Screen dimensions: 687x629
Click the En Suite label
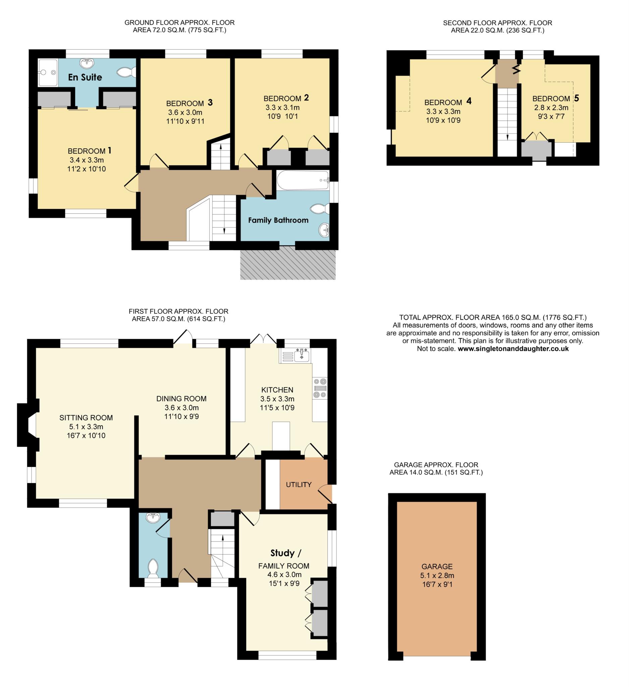coord(85,77)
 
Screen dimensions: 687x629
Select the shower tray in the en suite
coord(48,72)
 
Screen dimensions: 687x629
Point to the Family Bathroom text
coord(278,220)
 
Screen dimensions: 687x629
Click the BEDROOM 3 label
coord(189,103)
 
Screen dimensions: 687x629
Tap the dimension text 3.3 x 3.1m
coord(282,108)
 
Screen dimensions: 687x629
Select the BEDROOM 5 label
coord(556,99)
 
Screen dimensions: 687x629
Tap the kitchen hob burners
coord(320,388)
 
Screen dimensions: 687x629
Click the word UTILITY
coord(299,485)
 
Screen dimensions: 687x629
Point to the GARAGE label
coord(437,567)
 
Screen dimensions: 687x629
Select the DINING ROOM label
coord(181,399)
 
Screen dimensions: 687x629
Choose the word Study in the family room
coord(282,553)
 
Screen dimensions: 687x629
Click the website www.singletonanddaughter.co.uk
coord(513,349)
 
